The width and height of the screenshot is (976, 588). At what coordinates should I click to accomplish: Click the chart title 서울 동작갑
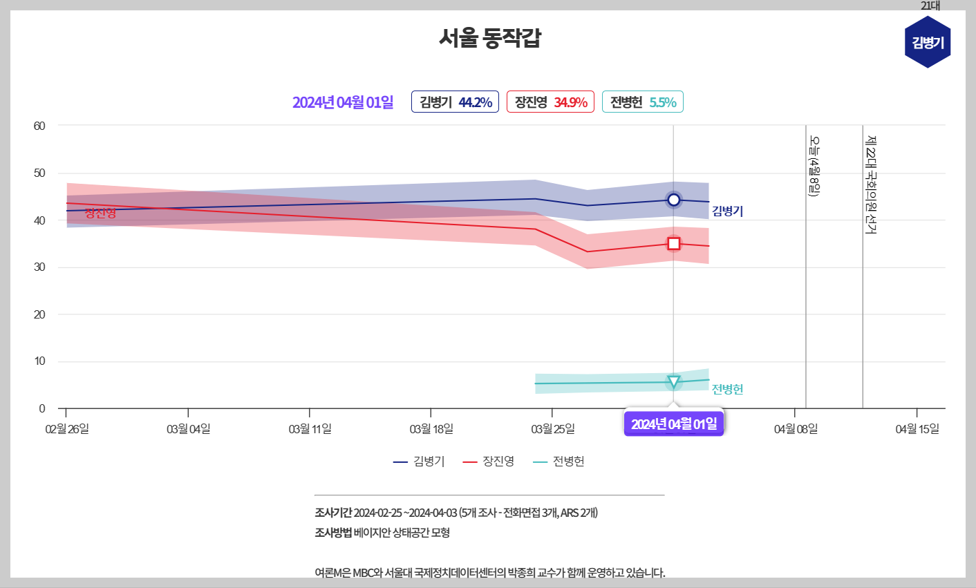(489, 37)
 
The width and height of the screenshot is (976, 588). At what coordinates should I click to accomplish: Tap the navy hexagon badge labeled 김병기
(928, 43)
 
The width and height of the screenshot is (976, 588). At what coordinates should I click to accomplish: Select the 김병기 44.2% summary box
(455, 102)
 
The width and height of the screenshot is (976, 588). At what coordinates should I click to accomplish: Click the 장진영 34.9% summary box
(550, 102)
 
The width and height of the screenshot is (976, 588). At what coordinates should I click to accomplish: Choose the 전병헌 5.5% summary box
(643, 102)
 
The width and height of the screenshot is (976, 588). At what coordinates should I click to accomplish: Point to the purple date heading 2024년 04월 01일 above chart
(343, 102)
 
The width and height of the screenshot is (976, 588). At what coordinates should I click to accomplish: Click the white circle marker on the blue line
(673, 200)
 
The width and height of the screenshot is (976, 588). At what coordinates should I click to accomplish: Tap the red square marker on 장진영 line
(674, 244)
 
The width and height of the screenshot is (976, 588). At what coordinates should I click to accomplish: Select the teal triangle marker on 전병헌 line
(673, 382)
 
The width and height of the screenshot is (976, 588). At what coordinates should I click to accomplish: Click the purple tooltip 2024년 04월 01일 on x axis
(674, 424)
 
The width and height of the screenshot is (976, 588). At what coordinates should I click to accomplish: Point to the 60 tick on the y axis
(39, 126)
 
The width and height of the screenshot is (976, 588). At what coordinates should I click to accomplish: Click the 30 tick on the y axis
(39, 267)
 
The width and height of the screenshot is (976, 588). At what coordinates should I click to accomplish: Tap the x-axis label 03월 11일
(310, 429)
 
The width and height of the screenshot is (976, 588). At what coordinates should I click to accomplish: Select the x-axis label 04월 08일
(796, 429)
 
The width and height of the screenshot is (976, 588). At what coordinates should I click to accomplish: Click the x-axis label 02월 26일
(67, 429)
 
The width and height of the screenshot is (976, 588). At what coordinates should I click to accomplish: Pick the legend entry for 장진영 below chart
(489, 462)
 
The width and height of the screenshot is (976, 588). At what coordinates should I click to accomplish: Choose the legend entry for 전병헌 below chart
(559, 462)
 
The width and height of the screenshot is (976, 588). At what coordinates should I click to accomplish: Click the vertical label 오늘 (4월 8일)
(814, 166)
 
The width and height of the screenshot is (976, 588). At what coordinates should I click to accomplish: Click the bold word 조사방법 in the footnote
(333, 533)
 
